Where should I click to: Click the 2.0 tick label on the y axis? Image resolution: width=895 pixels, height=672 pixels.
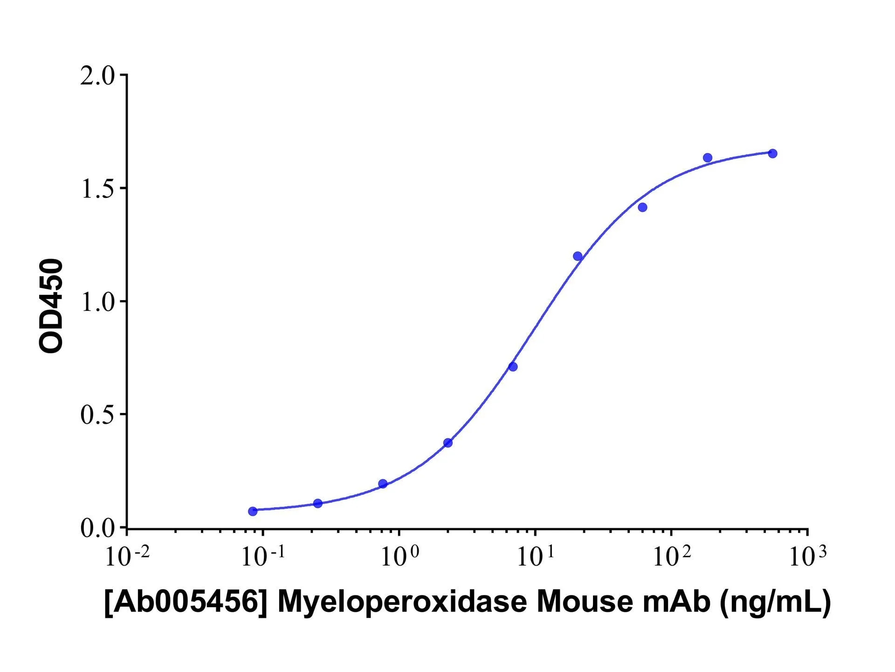[97, 76]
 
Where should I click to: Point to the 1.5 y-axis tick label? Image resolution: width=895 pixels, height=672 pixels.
[97, 189]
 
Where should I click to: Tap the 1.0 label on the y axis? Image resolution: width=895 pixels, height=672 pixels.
[97, 302]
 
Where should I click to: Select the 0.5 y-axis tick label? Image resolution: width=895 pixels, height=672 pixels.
[97, 415]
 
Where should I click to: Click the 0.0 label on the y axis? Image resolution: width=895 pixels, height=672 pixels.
[97, 528]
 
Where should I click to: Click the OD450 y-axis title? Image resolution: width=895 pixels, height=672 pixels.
[51, 306]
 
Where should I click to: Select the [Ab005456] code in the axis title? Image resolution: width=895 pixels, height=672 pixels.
[186, 602]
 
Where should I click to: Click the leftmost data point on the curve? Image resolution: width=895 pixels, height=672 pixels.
[253, 511]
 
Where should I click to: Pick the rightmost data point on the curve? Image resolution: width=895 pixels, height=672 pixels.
[772, 154]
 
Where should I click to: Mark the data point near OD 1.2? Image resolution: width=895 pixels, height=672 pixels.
[578, 256]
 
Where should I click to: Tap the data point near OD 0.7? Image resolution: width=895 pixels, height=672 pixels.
[513, 367]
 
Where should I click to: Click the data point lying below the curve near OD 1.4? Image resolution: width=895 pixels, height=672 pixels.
[642, 207]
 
